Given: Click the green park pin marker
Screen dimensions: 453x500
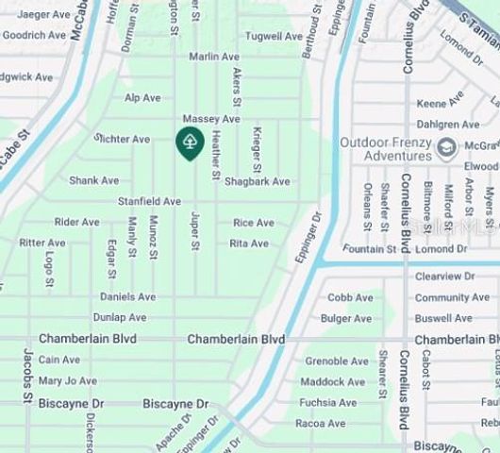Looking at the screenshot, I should point(190,143).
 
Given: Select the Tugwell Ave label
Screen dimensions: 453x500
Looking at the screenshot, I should point(275,36).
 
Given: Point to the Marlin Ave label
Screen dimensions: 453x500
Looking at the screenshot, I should point(214,57).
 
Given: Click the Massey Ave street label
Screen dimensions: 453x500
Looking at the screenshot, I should point(211,119).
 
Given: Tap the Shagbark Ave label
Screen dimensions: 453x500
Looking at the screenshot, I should point(257,181).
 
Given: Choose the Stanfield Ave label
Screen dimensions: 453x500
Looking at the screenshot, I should point(149,201).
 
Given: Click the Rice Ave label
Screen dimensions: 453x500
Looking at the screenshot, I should point(254,223).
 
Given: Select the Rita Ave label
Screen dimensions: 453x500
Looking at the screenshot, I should point(249,243).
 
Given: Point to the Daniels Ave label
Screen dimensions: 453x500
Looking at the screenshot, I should point(127,296).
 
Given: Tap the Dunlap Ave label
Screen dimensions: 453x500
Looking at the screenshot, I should point(120,317).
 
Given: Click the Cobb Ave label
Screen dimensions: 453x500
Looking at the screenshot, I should point(350,297).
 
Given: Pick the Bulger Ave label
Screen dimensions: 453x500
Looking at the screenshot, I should point(346,318).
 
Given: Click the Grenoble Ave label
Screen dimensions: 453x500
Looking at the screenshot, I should point(336,361).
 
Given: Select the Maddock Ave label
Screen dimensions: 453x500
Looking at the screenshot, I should point(334,381).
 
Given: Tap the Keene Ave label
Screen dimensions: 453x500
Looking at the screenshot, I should point(441,101).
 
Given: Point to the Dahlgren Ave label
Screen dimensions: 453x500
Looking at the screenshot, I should point(448,124).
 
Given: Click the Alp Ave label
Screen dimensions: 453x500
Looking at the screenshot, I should point(142,97).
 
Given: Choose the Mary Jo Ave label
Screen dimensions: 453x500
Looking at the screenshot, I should point(67,380).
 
